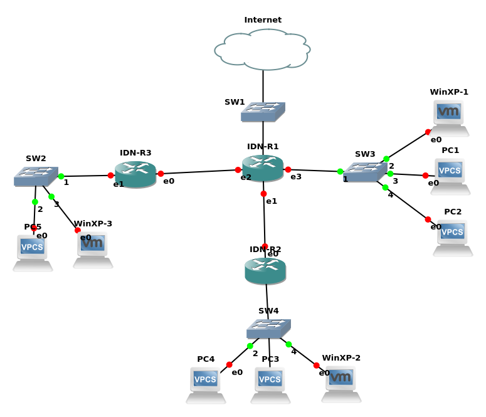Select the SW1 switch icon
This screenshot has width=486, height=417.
(x=263, y=112)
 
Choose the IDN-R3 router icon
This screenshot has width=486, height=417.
(x=135, y=174)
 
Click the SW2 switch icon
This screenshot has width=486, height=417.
(x=36, y=176)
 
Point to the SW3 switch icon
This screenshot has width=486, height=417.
(x=365, y=172)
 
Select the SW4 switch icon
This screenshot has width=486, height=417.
(x=268, y=329)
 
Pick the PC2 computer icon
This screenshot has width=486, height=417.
(x=453, y=238)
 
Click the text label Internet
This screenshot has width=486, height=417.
(x=263, y=20)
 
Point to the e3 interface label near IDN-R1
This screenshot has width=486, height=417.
(x=296, y=177)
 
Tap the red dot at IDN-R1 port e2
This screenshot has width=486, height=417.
(x=238, y=170)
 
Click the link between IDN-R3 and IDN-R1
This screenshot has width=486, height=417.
(x=199, y=172)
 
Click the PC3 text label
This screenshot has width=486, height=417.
(x=270, y=359)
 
